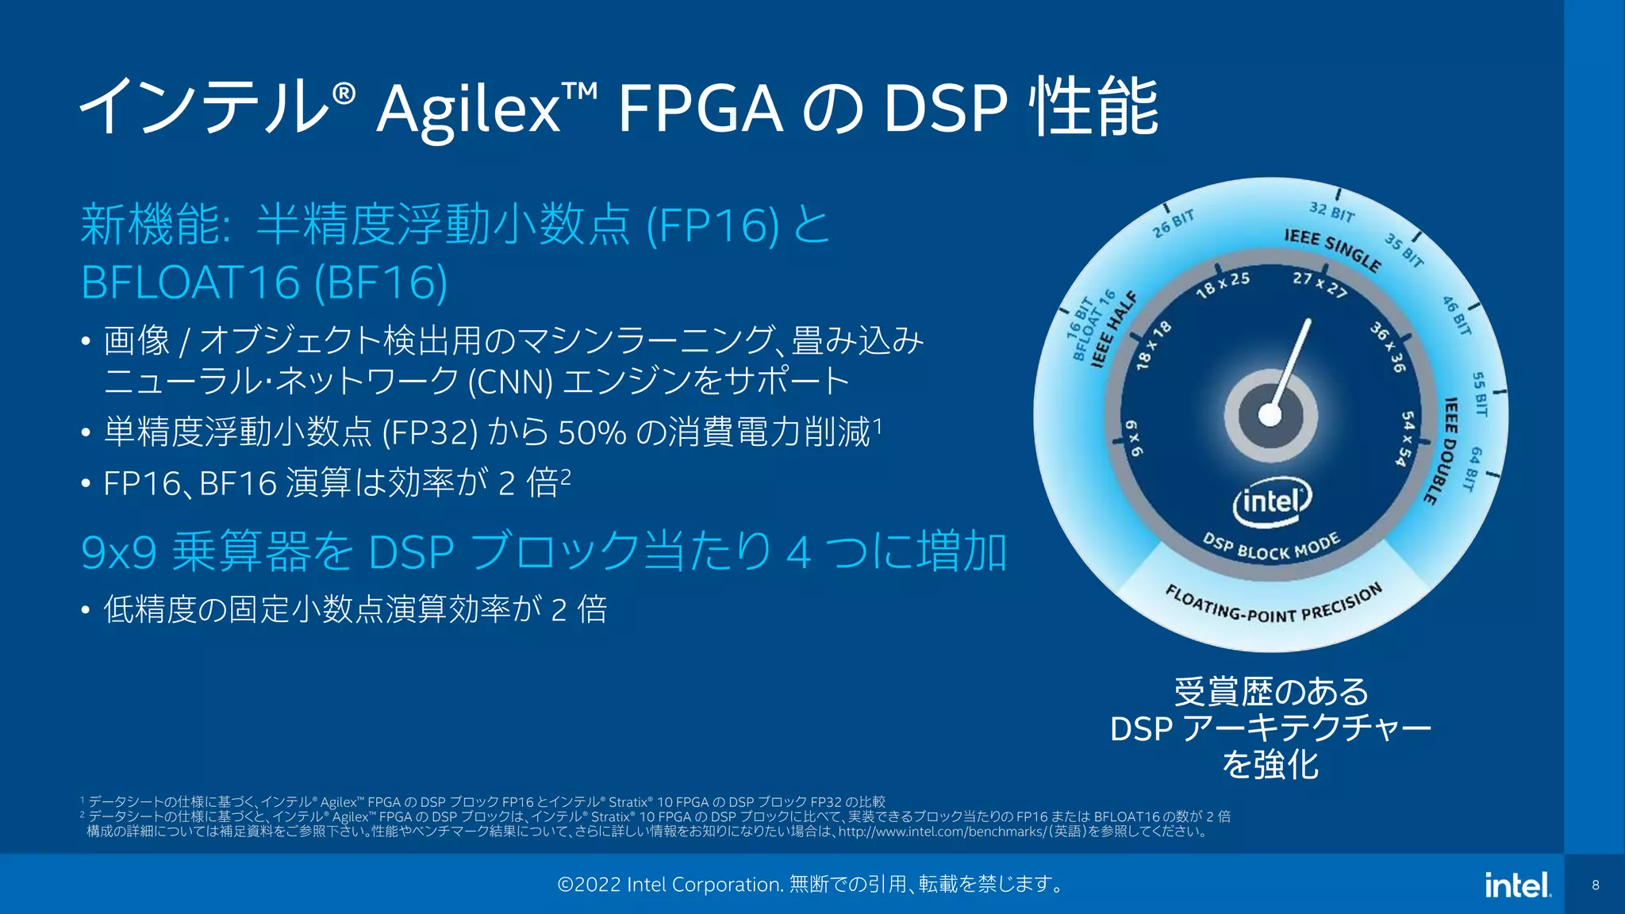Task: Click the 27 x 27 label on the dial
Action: (x=1320, y=284)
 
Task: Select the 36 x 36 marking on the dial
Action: (x=1389, y=347)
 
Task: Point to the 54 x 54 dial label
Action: (x=1405, y=439)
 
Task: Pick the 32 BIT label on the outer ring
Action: (x=1331, y=212)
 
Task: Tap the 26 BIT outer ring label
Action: (x=1174, y=225)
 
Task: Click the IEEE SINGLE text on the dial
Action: (x=1333, y=249)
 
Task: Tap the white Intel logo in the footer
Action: (x=1517, y=885)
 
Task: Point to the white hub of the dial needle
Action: (x=1270, y=415)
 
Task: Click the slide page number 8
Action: (x=1595, y=885)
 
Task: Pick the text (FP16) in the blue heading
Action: (x=713, y=225)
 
